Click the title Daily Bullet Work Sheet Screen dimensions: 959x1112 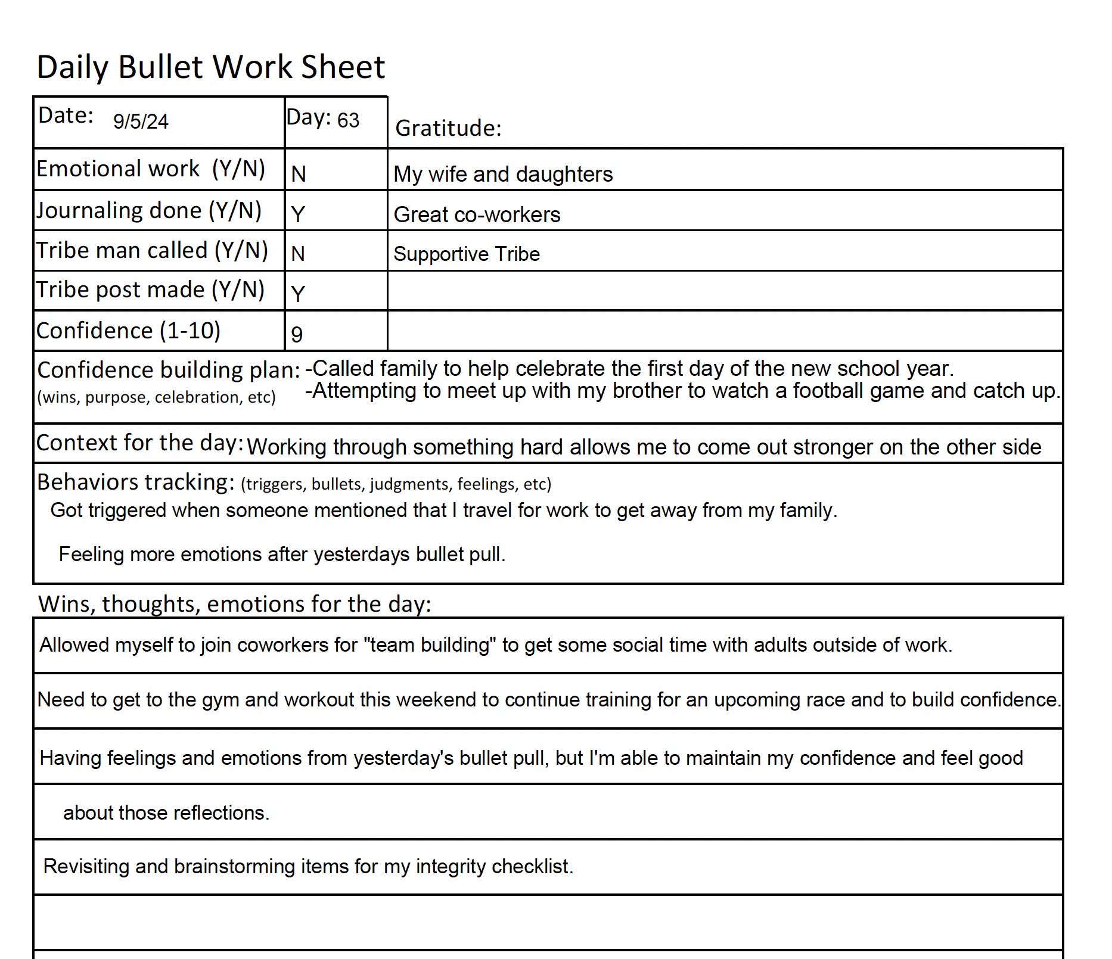click(211, 67)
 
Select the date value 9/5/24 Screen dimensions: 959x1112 click(141, 122)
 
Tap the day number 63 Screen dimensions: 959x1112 click(348, 120)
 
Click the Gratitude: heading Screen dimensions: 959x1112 click(448, 128)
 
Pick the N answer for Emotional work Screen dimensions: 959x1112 click(299, 174)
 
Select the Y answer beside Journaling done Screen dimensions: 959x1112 click(298, 214)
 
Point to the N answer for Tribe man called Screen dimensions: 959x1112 click(298, 254)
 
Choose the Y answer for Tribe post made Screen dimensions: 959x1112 click(298, 294)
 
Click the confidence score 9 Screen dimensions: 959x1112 click(297, 334)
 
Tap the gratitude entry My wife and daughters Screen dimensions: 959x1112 click(503, 175)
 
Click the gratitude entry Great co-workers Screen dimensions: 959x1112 click(477, 215)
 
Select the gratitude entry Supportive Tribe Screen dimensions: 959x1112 click(467, 254)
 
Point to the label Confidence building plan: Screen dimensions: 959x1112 click(169, 370)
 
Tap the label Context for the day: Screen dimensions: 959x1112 click(140, 443)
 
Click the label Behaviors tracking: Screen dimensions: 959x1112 click(136, 482)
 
